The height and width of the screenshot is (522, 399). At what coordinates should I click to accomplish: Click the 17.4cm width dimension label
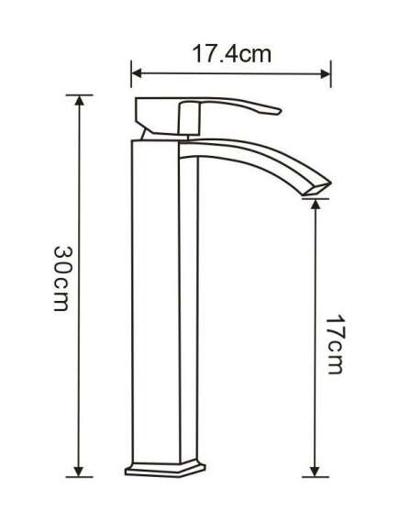pos(232,54)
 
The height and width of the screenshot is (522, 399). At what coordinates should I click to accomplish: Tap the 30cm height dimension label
pos(61,279)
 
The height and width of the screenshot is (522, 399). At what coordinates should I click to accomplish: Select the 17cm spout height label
pos(334,344)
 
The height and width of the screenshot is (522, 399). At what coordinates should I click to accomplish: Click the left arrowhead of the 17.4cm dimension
pos(137,74)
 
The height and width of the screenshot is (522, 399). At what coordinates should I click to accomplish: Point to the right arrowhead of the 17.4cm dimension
pos(325,74)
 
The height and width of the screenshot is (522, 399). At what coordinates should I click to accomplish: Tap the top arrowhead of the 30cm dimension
pos(79,100)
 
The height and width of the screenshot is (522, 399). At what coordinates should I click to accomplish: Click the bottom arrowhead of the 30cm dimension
pos(79,472)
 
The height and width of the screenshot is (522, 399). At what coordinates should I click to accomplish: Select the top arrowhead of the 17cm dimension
pos(316,204)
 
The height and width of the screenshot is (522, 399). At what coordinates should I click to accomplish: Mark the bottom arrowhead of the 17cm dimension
pos(316,472)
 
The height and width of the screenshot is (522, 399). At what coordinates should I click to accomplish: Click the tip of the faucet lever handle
pos(280,111)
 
